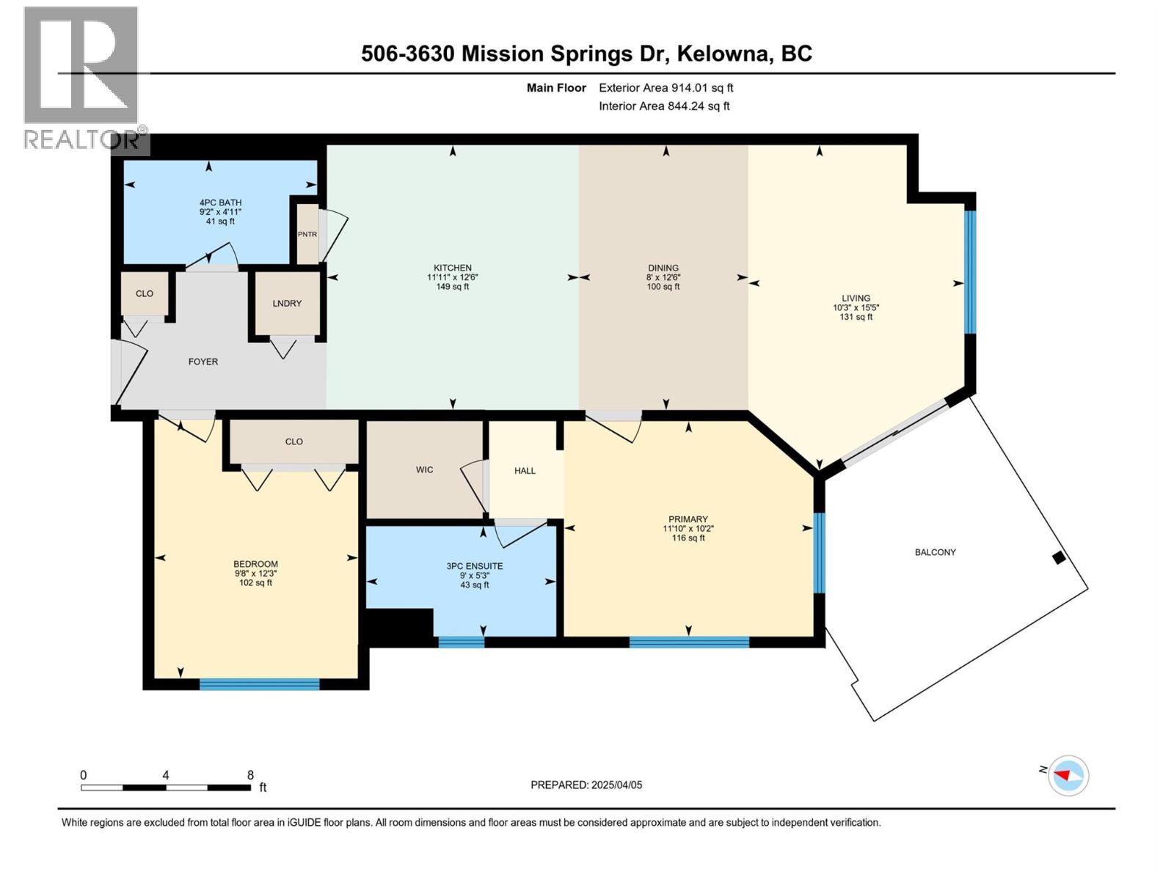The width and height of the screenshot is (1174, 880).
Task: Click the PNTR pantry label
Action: pyautogui.click(x=307, y=235)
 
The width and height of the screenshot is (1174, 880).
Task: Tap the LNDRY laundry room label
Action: pyautogui.click(x=287, y=304)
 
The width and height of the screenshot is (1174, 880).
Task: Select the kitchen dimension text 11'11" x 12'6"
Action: pyautogui.click(x=453, y=277)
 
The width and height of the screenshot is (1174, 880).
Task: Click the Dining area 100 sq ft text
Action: pyautogui.click(x=663, y=287)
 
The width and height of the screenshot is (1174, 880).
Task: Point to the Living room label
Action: pyautogui.click(x=856, y=298)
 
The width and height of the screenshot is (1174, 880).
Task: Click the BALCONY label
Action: pyautogui.click(x=935, y=552)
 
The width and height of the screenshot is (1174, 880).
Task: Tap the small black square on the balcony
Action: pyautogui.click(x=1058, y=558)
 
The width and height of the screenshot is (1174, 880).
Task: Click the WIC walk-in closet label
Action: pyautogui.click(x=424, y=470)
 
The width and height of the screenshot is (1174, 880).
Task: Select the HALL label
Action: pyautogui.click(x=525, y=471)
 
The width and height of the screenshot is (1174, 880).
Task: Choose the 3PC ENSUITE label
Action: pyautogui.click(x=475, y=566)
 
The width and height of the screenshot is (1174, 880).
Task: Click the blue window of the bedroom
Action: pyautogui.click(x=260, y=684)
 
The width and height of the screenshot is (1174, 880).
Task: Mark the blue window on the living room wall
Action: pyautogui.click(x=970, y=272)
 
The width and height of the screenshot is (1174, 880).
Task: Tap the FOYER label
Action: pyautogui.click(x=203, y=362)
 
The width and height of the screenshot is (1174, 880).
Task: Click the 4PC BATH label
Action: pyautogui.click(x=220, y=203)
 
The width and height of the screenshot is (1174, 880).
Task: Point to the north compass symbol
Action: pyautogui.click(x=1068, y=775)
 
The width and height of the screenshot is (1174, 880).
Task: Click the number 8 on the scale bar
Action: pyautogui.click(x=250, y=775)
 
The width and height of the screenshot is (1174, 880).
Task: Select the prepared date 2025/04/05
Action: pyautogui.click(x=616, y=785)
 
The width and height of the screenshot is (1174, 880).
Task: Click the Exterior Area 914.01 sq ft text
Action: pyautogui.click(x=666, y=88)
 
